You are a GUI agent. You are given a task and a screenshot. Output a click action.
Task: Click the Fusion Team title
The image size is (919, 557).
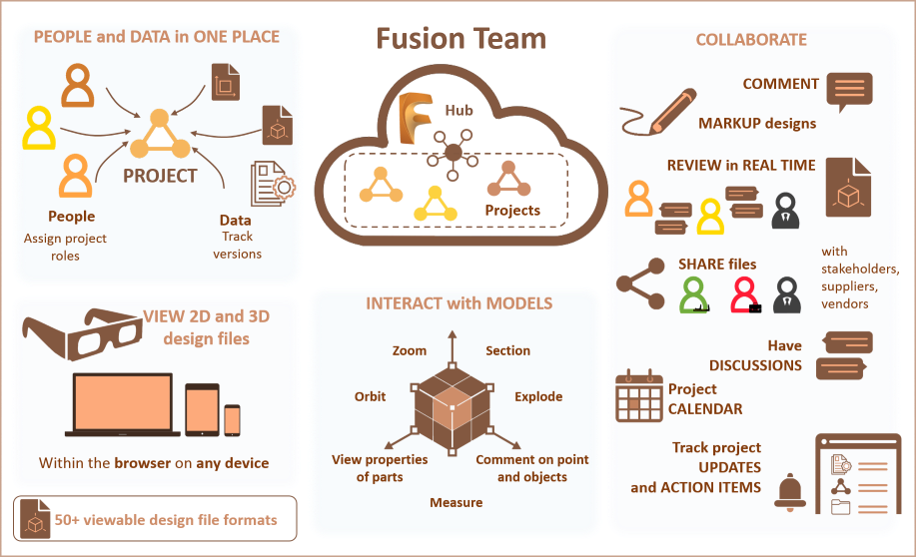coord(461,39)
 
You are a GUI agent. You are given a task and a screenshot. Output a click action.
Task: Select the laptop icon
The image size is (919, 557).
coord(123,404)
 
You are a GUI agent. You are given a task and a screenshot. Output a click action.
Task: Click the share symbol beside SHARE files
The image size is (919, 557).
coord(640,282)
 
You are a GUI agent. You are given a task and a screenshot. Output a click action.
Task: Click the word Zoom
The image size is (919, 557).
coord(410,350)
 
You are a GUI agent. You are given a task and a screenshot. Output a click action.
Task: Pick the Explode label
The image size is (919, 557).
coord(538,396)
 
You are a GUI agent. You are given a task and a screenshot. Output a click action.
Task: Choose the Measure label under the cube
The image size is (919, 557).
coord(457,502)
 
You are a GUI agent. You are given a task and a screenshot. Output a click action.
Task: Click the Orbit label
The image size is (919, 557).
coord(370,396)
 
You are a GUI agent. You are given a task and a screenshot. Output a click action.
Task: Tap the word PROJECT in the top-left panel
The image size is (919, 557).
coord(160,176)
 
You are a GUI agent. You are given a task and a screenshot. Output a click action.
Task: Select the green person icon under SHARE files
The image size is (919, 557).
coord(694,295)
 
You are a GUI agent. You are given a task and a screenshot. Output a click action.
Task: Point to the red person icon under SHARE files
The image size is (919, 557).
coord(744,295)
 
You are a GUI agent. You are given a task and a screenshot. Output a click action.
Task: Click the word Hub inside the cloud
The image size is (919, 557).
coord(459,111)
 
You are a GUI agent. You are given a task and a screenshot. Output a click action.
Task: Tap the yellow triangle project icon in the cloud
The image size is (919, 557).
coord(435,203)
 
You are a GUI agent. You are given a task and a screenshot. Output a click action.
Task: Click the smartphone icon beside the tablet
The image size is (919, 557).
coord(232,419)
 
